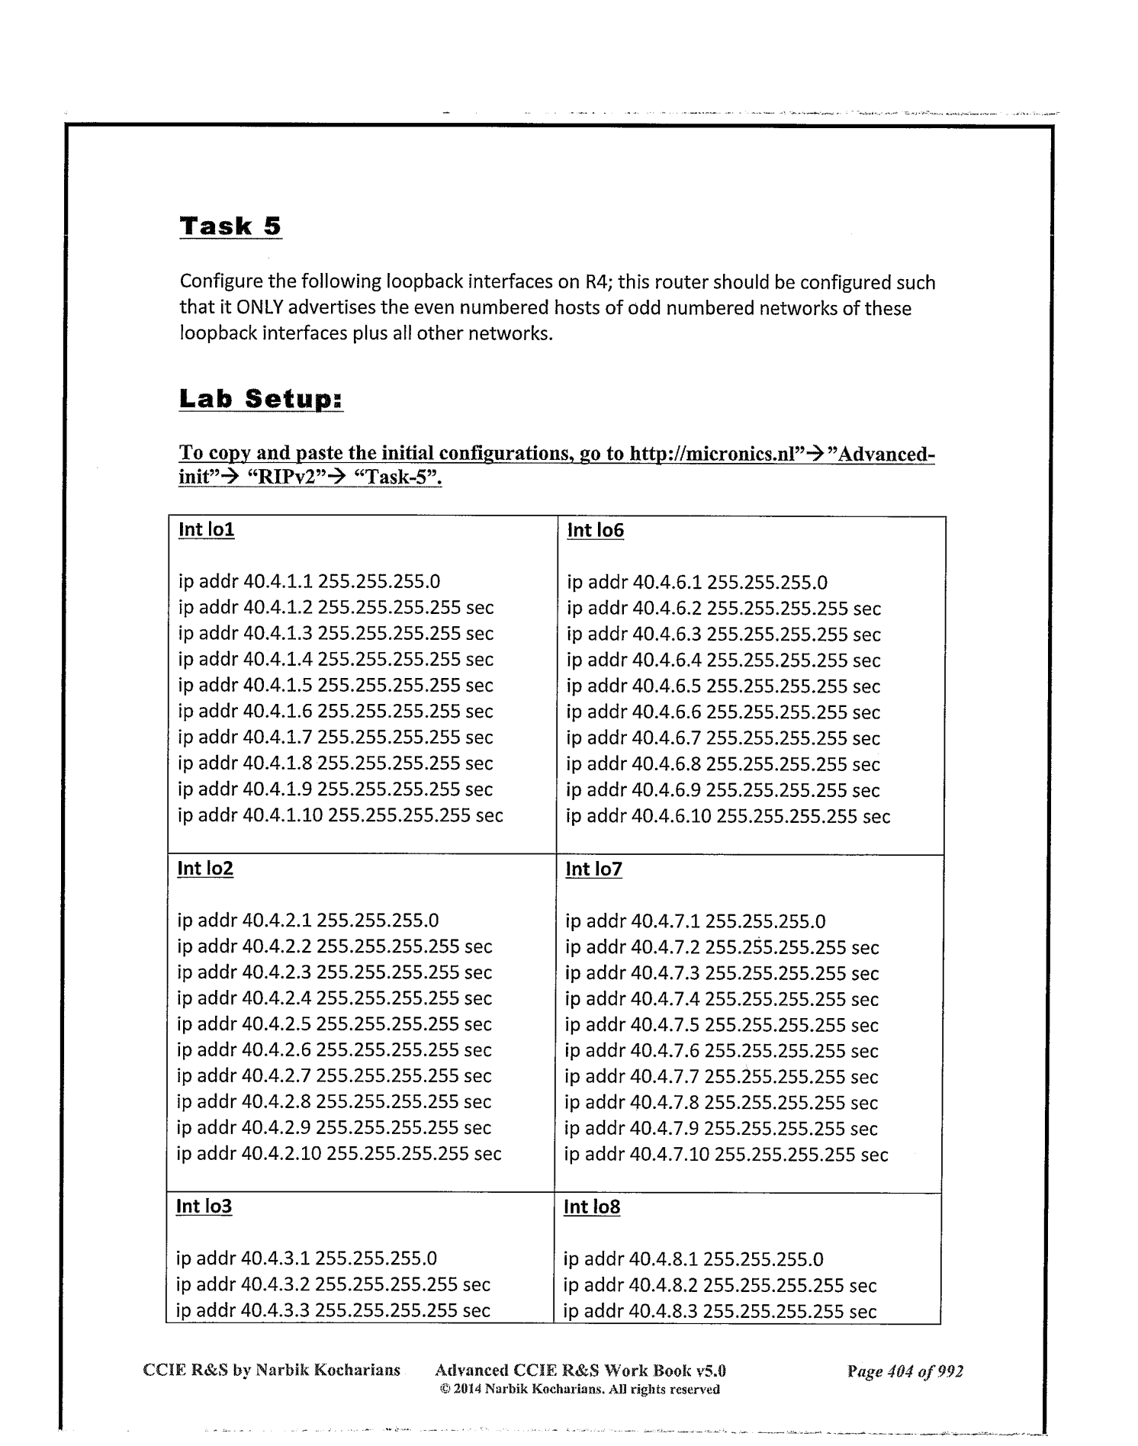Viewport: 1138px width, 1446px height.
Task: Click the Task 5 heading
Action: coord(230,227)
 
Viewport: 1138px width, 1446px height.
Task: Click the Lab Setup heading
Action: coord(261,399)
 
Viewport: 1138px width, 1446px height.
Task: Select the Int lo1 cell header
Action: coord(206,529)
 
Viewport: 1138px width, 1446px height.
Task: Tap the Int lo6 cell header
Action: coord(595,530)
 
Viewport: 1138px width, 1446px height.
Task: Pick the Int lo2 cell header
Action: coord(205,868)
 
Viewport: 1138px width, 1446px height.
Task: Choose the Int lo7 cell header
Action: coord(593,869)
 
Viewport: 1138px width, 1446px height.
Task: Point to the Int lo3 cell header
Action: coord(204,1206)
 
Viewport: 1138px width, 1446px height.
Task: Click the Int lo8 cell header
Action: coord(591,1207)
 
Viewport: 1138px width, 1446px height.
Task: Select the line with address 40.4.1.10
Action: coord(340,815)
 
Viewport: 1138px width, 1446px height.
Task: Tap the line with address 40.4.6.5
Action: coord(723,686)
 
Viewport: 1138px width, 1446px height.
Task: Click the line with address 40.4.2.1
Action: coord(308,921)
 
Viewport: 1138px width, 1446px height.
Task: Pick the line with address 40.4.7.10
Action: coord(726,1155)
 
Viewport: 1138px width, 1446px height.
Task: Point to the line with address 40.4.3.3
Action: coord(333,1310)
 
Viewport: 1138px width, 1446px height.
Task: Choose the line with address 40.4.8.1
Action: coord(693,1259)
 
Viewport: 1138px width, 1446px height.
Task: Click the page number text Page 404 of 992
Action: coord(905,1371)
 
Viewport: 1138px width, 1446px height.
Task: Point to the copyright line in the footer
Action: coord(580,1390)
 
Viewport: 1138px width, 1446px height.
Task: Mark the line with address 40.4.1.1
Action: coord(309,582)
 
